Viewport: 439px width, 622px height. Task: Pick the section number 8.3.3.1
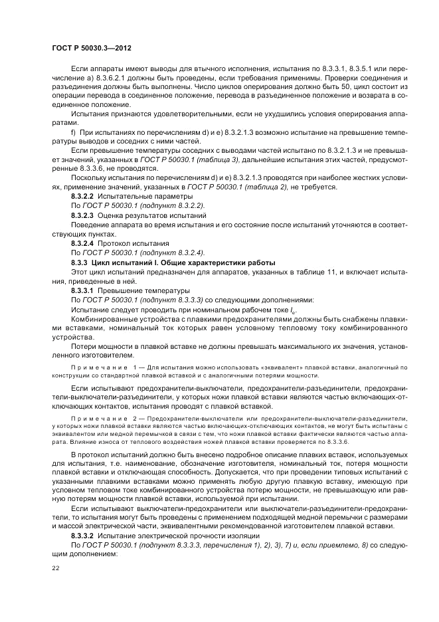coord(83,290)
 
